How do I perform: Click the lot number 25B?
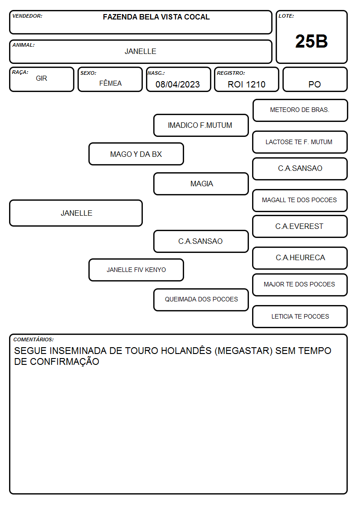click(x=311, y=41)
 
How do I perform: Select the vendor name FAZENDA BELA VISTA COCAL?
click(x=156, y=17)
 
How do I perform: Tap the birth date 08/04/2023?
click(x=178, y=84)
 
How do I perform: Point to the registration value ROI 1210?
click(x=246, y=84)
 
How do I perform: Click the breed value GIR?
click(x=41, y=78)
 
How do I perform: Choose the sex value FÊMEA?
click(x=110, y=83)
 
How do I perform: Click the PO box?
click(x=315, y=79)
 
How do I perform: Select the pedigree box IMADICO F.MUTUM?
click(x=201, y=125)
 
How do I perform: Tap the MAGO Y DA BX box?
click(x=136, y=154)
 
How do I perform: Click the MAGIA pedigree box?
click(x=201, y=184)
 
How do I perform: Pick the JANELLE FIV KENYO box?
click(x=136, y=270)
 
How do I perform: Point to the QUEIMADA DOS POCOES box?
click(x=201, y=300)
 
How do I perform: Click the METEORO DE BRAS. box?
click(x=300, y=111)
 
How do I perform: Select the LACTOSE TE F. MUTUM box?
click(x=300, y=142)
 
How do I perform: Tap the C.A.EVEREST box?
click(x=300, y=226)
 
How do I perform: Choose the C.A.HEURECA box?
click(x=300, y=258)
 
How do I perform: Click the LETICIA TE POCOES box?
click(x=300, y=316)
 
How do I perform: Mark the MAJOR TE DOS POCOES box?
click(x=300, y=285)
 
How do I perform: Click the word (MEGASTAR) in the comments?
click(x=243, y=351)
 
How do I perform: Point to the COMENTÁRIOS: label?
click(x=34, y=339)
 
